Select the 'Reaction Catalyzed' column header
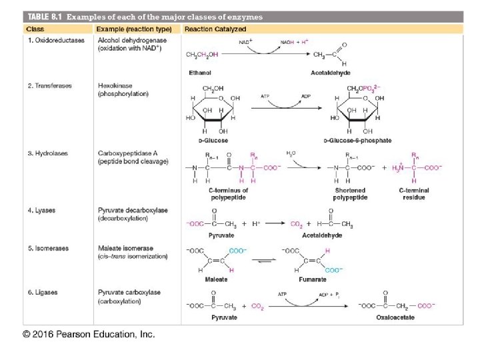[215, 29]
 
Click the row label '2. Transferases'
[49, 86]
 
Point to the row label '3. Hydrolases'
[47, 153]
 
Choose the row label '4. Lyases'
[41, 211]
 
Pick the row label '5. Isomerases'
[47, 249]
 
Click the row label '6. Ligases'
[42, 292]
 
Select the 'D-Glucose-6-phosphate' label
[357, 141]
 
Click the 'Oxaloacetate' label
[395, 317]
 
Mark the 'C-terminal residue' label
[414, 194]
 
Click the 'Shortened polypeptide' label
[349, 194]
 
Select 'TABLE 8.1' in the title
[41, 16]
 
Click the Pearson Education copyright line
[89, 334]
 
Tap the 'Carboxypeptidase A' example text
[128, 153]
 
